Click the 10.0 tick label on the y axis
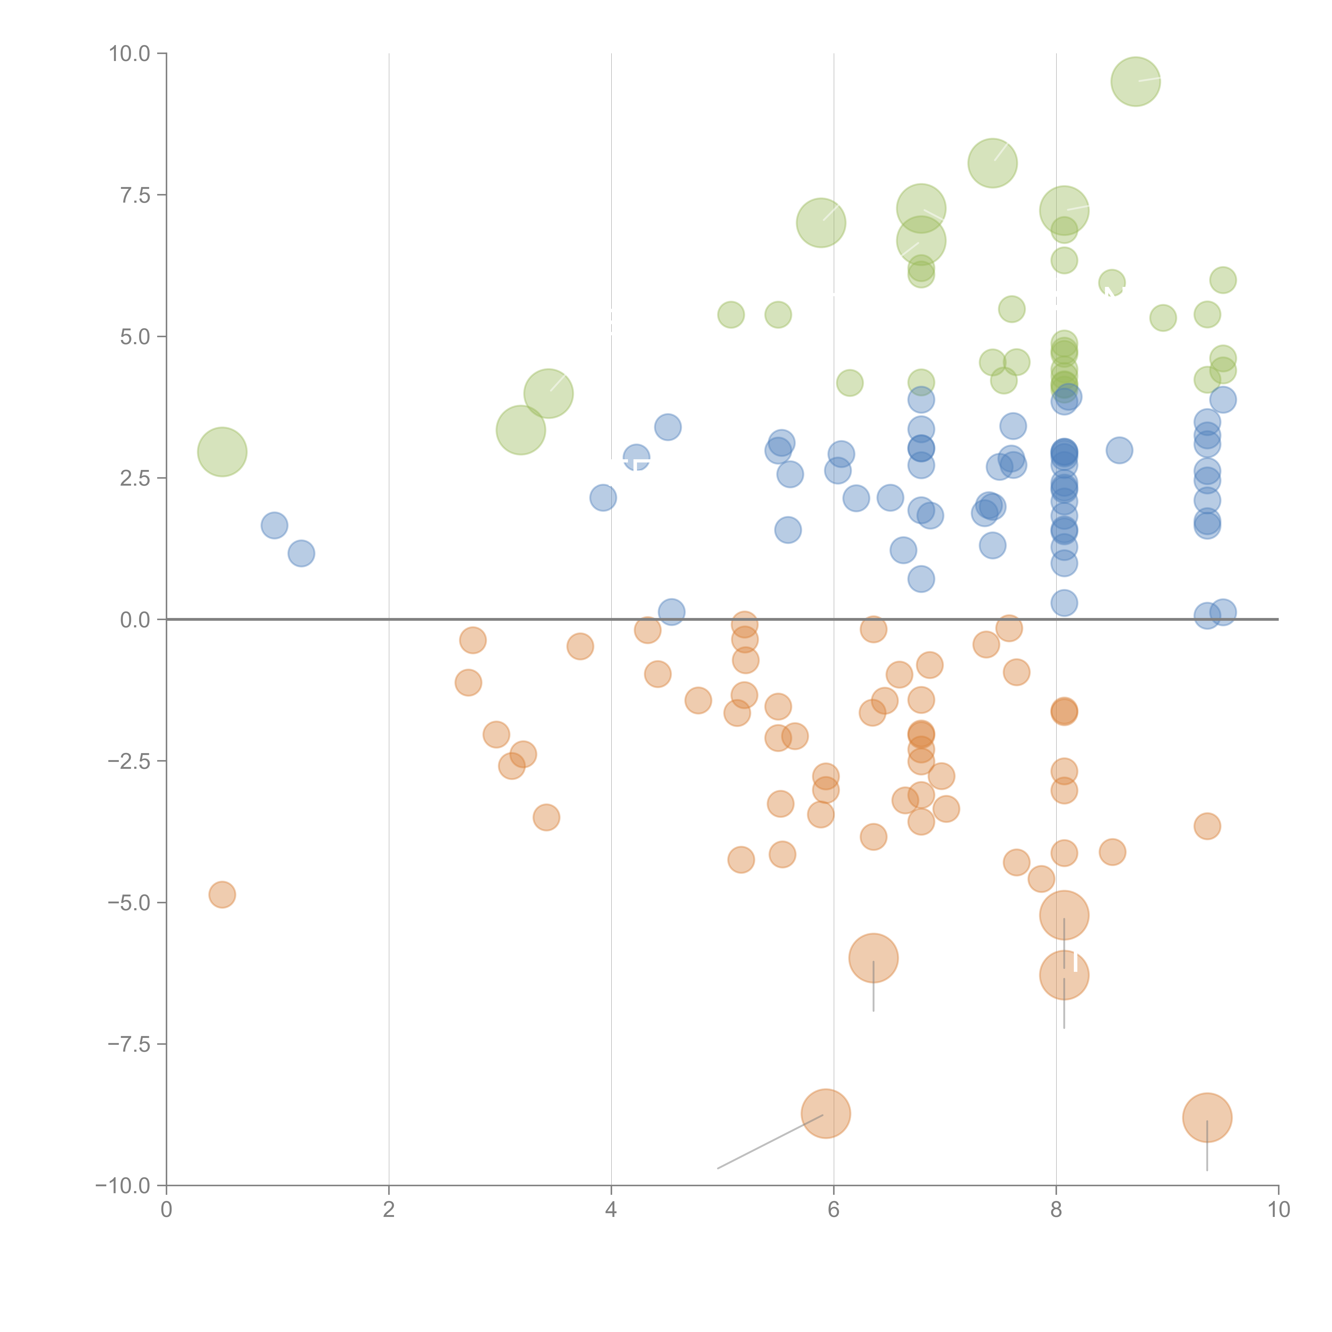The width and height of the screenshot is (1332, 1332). [130, 54]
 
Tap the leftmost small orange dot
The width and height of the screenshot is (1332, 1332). [222, 895]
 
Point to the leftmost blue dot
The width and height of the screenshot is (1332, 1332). [274, 525]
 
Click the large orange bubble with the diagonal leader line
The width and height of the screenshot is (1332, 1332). [825, 1114]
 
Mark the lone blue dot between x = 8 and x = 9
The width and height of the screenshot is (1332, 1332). [1119, 450]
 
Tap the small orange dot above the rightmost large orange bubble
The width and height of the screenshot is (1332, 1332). [1207, 826]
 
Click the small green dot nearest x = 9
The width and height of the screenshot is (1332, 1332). [1163, 318]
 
